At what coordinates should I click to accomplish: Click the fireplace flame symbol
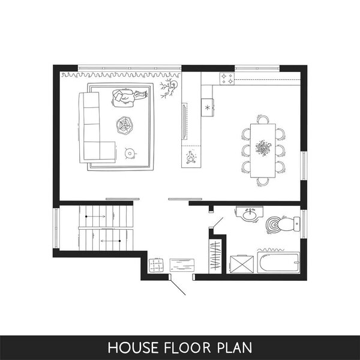click(x=190, y=157)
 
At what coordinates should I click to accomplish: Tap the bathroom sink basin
click(x=250, y=215)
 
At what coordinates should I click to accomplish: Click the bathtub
click(x=278, y=263)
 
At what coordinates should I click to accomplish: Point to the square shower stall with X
click(x=242, y=264)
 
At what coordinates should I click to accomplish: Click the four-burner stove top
click(x=227, y=79)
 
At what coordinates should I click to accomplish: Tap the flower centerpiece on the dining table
click(x=263, y=148)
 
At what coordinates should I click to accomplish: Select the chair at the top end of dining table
click(x=263, y=119)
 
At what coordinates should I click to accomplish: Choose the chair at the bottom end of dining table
click(x=263, y=182)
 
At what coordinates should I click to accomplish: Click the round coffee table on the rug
click(x=125, y=125)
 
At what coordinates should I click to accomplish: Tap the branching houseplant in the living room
click(x=169, y=88)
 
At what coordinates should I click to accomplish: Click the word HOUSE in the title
click(x=133, y=347)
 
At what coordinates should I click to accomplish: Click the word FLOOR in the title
click(x=187, y=347)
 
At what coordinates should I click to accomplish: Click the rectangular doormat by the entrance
click(x=182, y=265)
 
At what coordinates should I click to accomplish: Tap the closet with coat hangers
click(x=215, y=256)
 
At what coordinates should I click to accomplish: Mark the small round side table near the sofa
click(x=130, y=153)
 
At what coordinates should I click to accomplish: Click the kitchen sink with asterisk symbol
click(x=208, y=107)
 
